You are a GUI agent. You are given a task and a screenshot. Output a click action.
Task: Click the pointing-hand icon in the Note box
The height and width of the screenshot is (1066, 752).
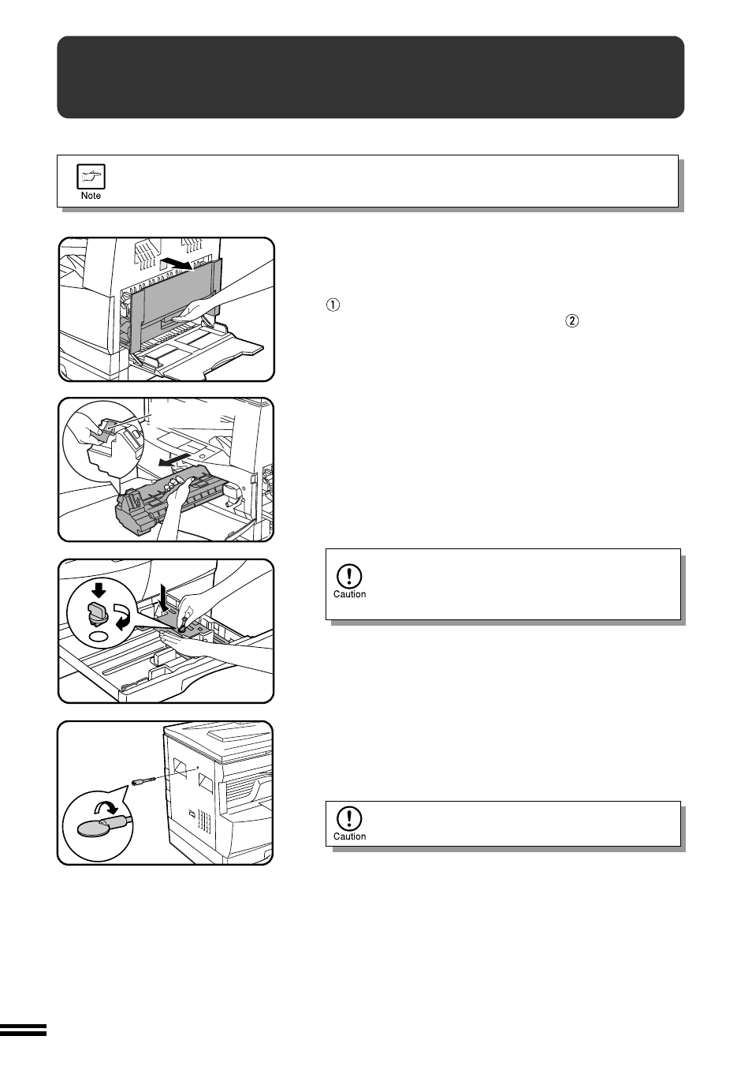91,177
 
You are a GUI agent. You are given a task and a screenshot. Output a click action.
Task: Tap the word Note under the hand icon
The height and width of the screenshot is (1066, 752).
91,196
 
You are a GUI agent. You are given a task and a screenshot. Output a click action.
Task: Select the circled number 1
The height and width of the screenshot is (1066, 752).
333,306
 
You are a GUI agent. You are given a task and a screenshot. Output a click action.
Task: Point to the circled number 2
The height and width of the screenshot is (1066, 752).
571,321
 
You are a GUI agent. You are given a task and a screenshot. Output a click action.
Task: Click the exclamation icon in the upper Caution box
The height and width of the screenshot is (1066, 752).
349,575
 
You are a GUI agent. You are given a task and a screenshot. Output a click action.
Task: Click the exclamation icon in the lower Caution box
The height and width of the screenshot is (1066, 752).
349,818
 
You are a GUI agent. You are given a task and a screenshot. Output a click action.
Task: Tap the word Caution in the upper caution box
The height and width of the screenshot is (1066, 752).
349,594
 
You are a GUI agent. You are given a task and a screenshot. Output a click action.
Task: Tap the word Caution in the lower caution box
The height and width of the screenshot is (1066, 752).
349,836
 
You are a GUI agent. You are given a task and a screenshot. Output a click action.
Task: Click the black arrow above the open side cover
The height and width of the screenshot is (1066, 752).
175,262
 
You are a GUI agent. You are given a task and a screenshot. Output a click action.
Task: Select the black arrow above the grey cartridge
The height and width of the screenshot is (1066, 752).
173,458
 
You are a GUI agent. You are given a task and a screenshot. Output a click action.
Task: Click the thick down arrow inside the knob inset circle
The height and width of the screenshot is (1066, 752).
99,590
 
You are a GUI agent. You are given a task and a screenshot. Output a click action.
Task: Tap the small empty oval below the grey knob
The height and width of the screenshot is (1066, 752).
99,636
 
